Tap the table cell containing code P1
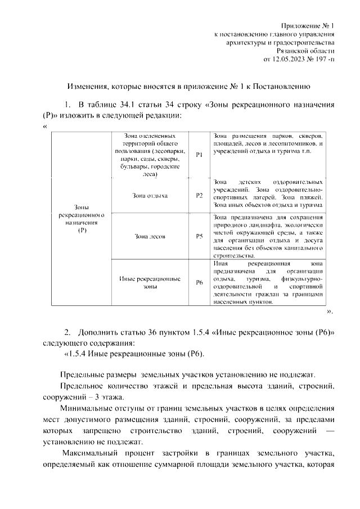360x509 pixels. (199, 155)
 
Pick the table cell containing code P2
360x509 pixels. (199, 196)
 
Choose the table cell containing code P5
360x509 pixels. (199, 237)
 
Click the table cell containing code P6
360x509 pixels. (199, 282)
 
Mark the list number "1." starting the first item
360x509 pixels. (67, 105)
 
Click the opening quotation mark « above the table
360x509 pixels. (44, 126)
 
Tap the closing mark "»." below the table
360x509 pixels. (330, 311)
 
